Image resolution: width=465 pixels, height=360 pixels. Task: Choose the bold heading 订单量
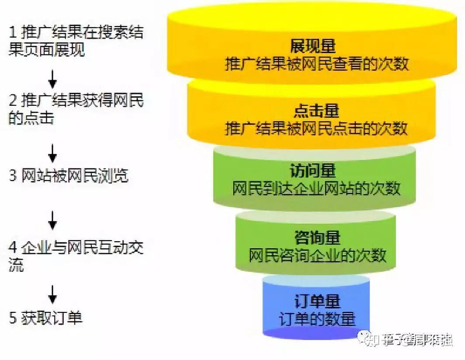[x=317, y=301]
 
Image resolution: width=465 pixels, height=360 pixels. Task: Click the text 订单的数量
[x=317, y=318]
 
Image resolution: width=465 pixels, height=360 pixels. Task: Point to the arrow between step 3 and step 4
[x=52, y=220]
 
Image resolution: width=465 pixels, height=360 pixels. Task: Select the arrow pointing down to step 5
[x=52, y=294]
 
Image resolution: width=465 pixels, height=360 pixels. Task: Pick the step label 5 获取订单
[x=46, y=318]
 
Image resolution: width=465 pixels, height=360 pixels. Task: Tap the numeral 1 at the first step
[x=13, y=33]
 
